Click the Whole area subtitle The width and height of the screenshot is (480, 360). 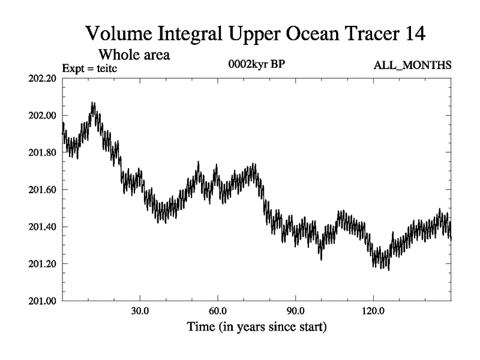[x=137, y=54]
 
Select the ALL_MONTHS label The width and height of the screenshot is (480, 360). [x=412, y=65]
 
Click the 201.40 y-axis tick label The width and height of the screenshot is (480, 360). [x=43, y=227]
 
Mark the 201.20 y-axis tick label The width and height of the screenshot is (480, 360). [x=43, y=264]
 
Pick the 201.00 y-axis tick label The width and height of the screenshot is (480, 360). [x=43, y=301]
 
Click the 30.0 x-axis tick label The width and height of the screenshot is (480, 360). [x=140, y=313]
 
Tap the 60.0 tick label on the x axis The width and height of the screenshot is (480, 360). [x=217, y=313]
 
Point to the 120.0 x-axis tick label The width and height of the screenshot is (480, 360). [x=373, y=313]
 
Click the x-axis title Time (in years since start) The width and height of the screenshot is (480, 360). [x=257, y=328]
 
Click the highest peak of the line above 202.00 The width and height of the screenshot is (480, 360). [x=93, y=103]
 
